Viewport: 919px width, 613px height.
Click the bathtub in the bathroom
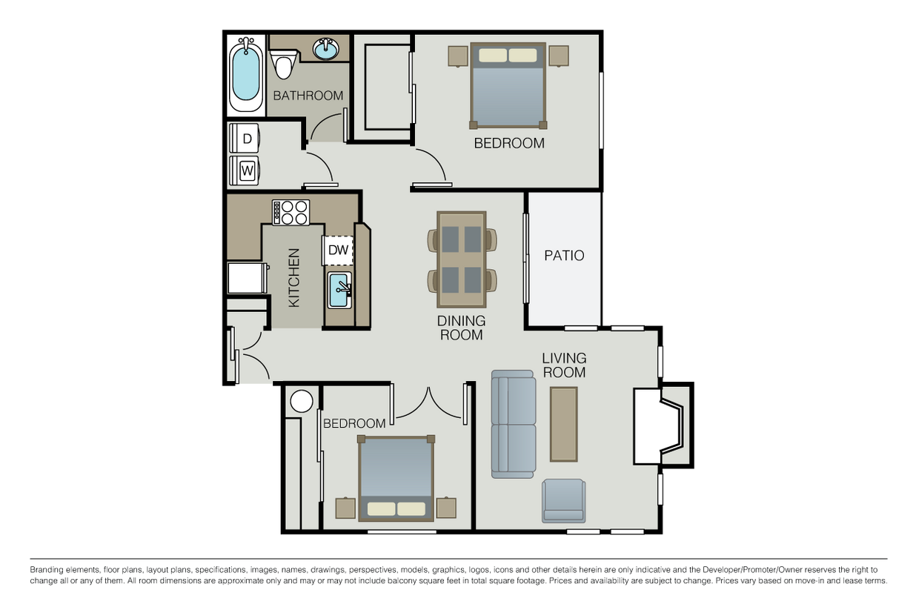click(246, 75)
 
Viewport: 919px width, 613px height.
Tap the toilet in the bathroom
click(282, 64)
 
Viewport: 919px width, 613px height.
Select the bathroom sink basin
click(325, 49)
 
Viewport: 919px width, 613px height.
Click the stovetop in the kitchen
click(291, 213)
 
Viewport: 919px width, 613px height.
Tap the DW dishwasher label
click(338, 251)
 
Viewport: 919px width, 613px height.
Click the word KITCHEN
click(294, 278)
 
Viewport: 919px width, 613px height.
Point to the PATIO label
click(564, 256)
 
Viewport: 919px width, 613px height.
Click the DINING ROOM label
click(461, 328)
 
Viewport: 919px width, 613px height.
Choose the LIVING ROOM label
click(564, 365)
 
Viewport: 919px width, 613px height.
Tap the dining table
click(461, 259)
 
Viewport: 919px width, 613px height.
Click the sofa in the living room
click(513, 425)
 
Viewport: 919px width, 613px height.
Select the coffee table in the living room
click(563, 424)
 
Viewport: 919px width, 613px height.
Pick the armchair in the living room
click(563, 501)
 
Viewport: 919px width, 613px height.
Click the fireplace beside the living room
click(660, 425)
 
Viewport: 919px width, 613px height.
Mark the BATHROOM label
click(308, 96)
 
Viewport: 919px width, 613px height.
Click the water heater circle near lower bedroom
click(302, 401)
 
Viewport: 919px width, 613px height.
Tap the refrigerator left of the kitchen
click(245, 278)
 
